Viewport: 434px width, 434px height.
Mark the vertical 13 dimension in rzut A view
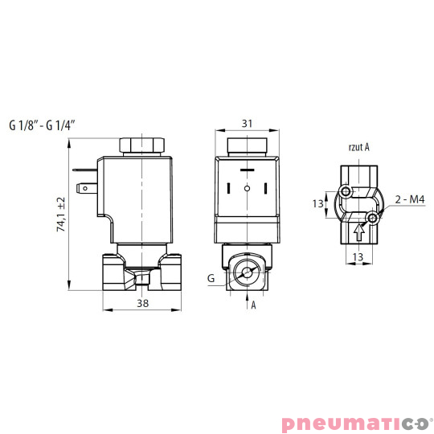point(317,203)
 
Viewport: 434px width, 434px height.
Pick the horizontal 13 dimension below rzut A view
point(358,257)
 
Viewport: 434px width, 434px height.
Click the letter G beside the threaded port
point(211,277)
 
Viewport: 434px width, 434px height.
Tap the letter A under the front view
point(254,305)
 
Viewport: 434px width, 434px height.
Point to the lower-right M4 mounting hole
point(372,218)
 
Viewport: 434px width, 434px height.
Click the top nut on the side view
point(141,146)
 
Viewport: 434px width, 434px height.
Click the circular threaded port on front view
point(247,273)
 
